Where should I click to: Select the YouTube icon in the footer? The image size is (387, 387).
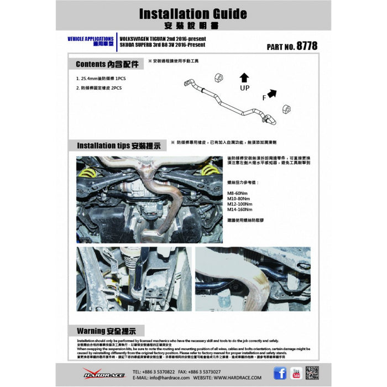[296, 373]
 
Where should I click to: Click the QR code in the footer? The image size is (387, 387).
[312, 373]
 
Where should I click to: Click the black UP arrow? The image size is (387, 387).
[244, 77]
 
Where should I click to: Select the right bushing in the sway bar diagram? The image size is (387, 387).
[287, 108]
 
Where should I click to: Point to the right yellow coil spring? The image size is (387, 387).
[209, 170]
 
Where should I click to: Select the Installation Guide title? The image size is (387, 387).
[186, 13]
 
